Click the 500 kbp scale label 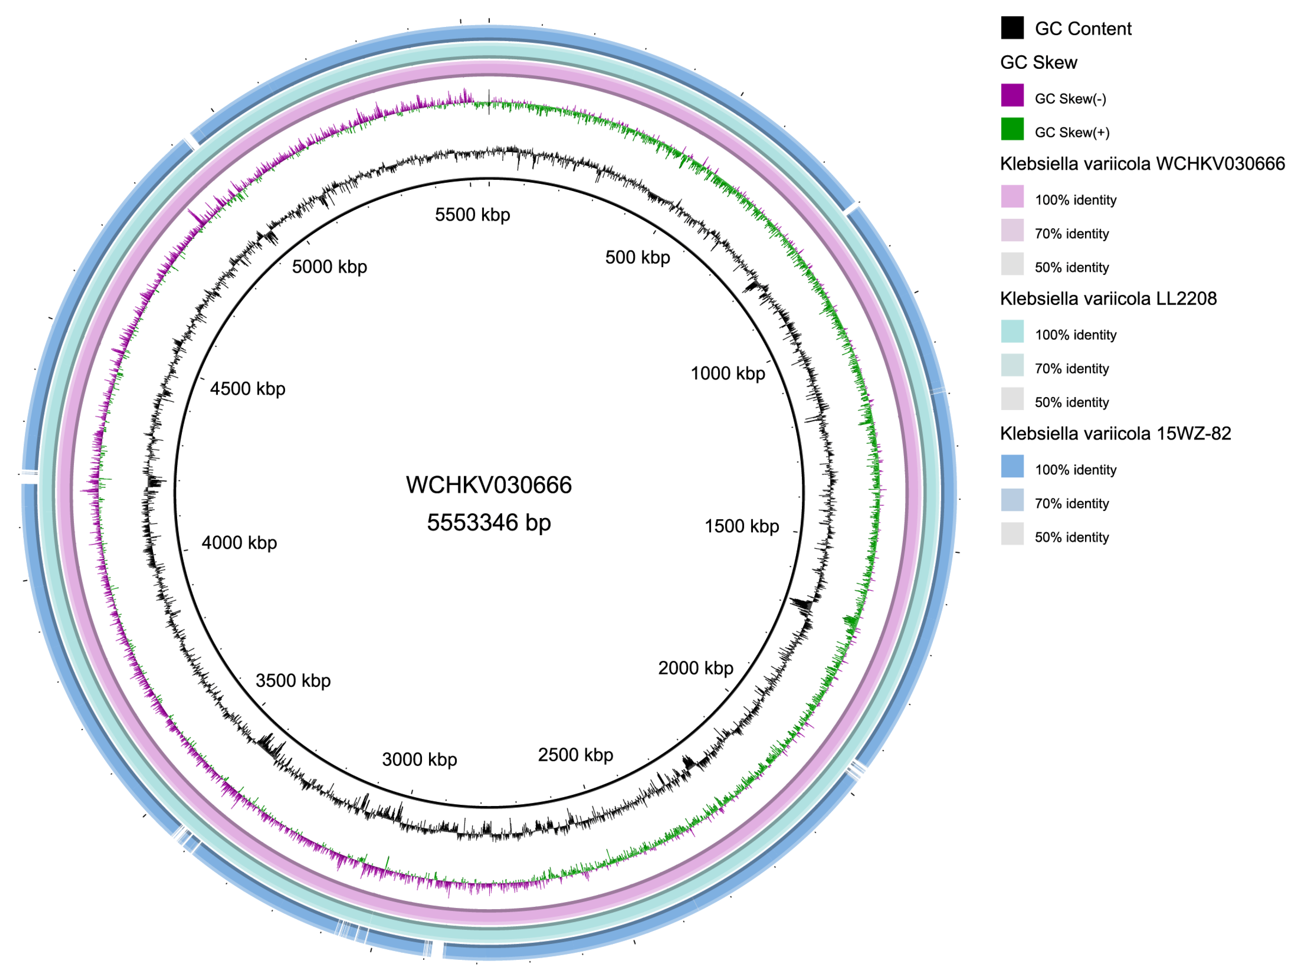tap(637, 257)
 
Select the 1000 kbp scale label tap(728, 373)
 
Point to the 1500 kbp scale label tap(742, 526)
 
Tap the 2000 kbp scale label tap(696, 668)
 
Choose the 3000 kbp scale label tap(419, 759)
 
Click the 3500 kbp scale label tap(293, 681)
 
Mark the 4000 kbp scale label tap(239, 543)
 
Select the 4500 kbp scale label tap(248, 389)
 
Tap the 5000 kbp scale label tap(329, 267)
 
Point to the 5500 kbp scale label tap(473, 215)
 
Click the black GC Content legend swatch tap(1012, 28)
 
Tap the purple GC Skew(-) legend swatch tap(1012, 96)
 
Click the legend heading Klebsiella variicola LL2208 tap(1108, 299)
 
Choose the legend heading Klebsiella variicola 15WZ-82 tap(1115, 434)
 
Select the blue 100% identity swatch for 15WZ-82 tap(1012, 467)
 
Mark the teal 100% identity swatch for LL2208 tap(1012, 332)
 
